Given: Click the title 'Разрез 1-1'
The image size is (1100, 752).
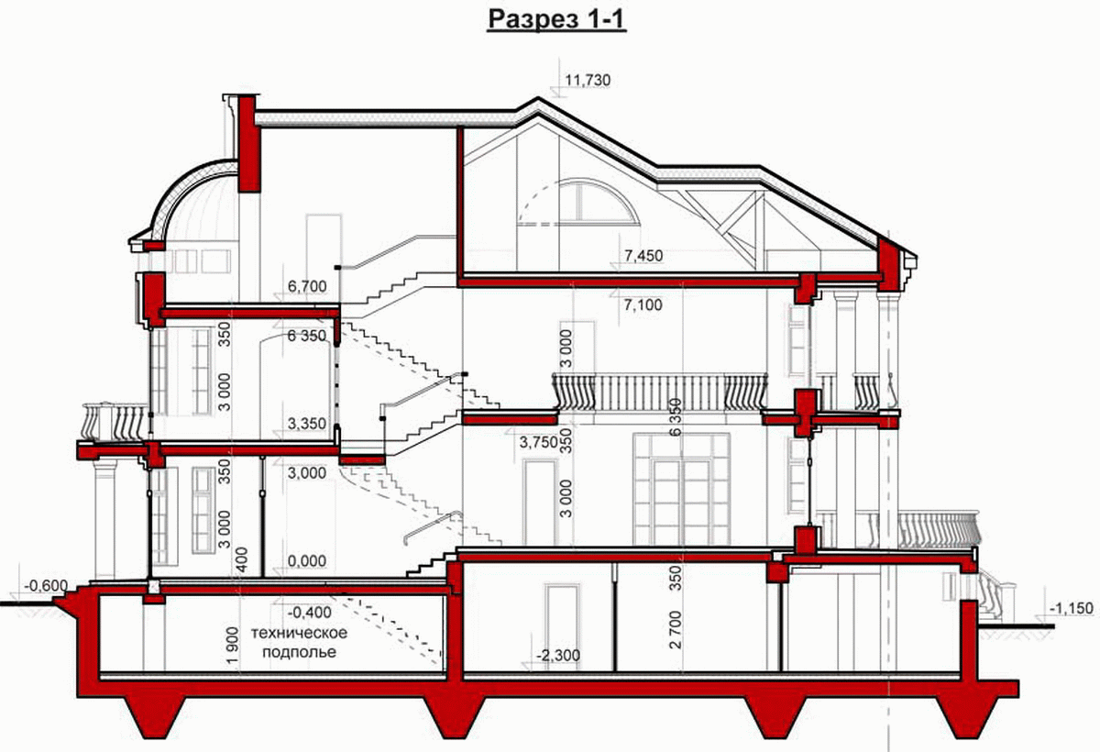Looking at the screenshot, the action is pyautogui.click(x=556, y=19).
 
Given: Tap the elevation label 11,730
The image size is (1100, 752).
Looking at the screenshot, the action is pyautogui.click(x=588, y=80).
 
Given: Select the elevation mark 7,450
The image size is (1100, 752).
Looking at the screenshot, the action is pyautogui.click(x=643, y=256).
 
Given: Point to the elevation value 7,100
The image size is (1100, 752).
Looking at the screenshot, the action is pyautogui.click(x=643, y=305).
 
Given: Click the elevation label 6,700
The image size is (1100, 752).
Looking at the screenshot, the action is pyautogui.click(x=307, y=286).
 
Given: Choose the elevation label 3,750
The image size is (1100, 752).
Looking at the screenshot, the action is pyautogui.click(x=539, y=443).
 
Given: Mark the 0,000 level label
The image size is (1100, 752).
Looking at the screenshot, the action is pyautogui.click(x=307, y=560).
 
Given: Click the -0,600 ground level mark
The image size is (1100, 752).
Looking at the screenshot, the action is pyautogui.click(x=46, y=585).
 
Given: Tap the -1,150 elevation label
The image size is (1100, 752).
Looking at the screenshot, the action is pyautogui.click(x=1072, y=608).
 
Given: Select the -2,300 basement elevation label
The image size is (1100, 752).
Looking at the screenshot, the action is pyautogui.click(x=558, y=655).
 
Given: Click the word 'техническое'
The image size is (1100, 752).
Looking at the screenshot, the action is pyautogui.click(x=299, y=633).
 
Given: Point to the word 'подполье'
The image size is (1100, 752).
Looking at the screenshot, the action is pyautogui.click(x=299, y=652).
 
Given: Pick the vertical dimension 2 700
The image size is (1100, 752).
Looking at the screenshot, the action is pyautogui.click(x=676, y=629).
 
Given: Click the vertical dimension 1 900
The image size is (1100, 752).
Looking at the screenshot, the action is pyautogui.click(x=232, y=645).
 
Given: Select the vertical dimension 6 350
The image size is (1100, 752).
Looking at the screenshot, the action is pyautogui.click(x=676, y=417).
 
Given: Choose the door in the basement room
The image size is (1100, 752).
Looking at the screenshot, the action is pyautogui.click(x=562, y=627).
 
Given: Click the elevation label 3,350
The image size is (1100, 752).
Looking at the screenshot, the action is pyautogui.click(x=307, y=423).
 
